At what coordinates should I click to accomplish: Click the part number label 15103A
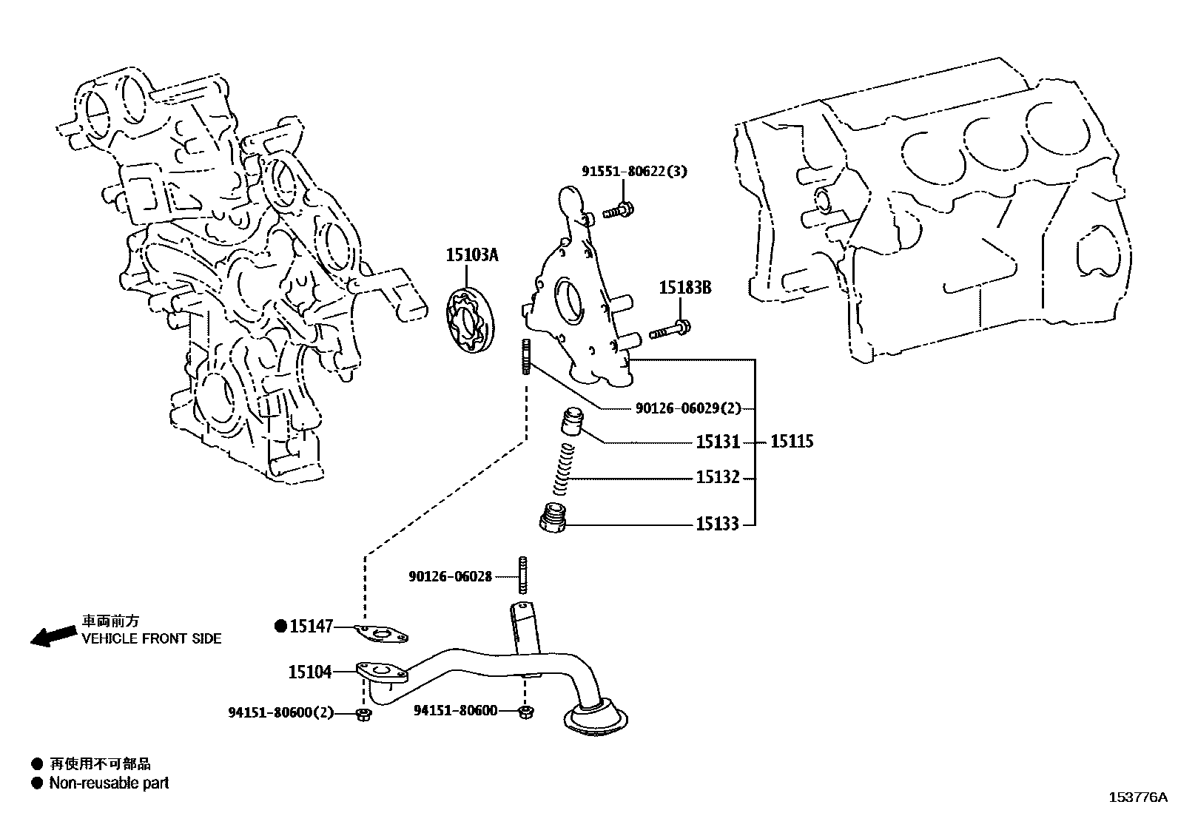(x=472, y=256)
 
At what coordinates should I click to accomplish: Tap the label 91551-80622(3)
(x=633, y=172)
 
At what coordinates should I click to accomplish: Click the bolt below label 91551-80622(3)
(x=616, y=211)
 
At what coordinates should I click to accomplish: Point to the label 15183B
(x=684, y=288)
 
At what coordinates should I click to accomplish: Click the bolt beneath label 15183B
(x=670, y=330)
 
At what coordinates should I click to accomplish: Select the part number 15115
(x=792, y=442)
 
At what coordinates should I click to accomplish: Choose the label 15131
(x=717, y=442)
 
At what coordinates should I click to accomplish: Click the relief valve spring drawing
(x=565, y=470)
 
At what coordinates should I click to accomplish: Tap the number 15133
(x=717, y=524)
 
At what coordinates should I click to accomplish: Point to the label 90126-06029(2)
(x=688, y=408)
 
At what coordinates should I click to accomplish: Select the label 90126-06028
(x=450, y=576)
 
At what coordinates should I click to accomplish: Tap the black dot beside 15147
(x=280, y=626)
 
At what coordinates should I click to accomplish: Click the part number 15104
(x=309, y=672)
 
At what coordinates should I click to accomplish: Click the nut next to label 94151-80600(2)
(x=363, y=714)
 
